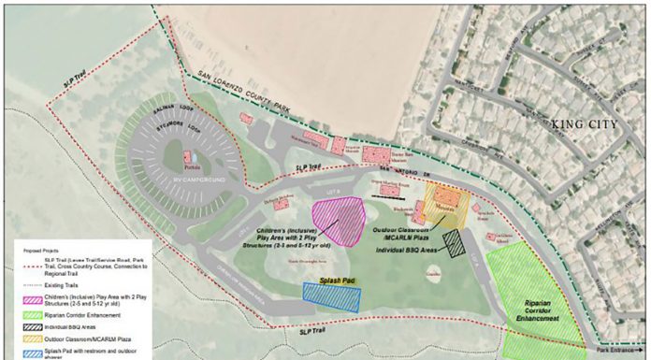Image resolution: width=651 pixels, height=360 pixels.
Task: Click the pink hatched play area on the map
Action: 337,221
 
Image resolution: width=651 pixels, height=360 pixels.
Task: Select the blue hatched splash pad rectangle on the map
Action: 332,295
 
